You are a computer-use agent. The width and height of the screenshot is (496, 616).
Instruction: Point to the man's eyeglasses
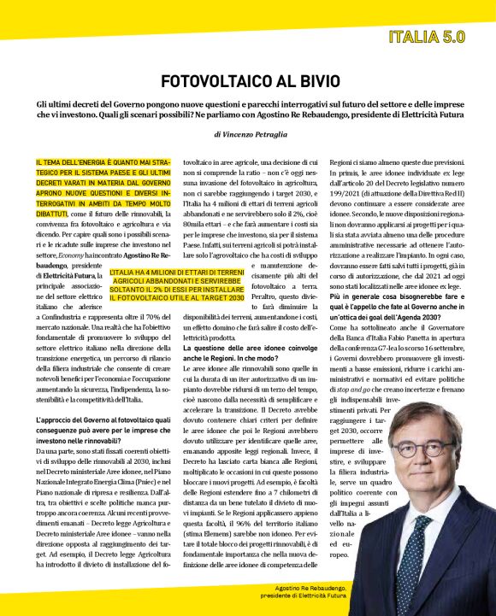(x=423, y=447)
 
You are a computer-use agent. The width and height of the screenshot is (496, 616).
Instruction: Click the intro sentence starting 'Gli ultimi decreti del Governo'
(x=247, y=107)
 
